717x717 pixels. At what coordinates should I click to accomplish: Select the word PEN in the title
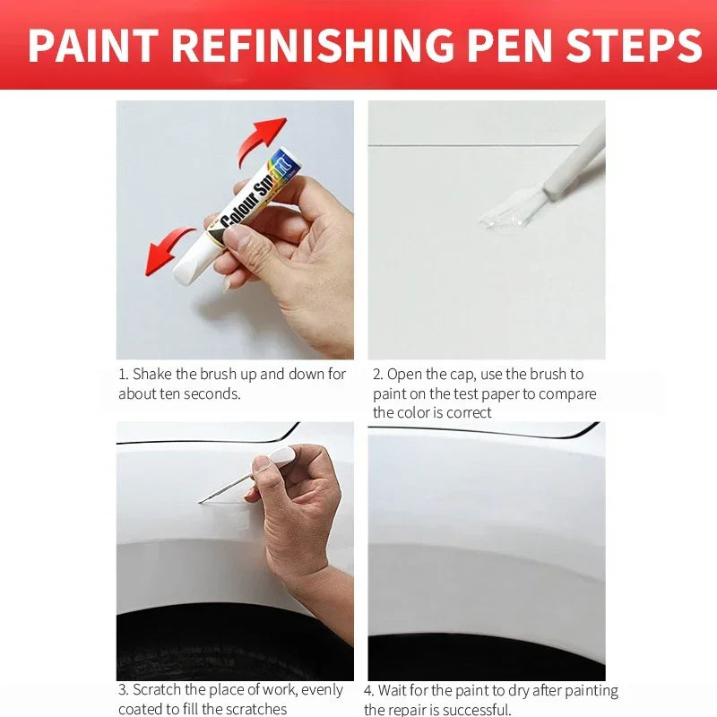[x=521, y=46]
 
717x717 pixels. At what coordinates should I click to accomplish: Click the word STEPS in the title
[x=643, y=46]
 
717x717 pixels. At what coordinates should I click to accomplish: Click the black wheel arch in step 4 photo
[x=484, y=659]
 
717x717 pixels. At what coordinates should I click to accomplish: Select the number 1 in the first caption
[x=122, y=375]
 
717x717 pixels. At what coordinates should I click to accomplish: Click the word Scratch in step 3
[x=159, y=690]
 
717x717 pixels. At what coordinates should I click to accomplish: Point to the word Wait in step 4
[x=394, y=691]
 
